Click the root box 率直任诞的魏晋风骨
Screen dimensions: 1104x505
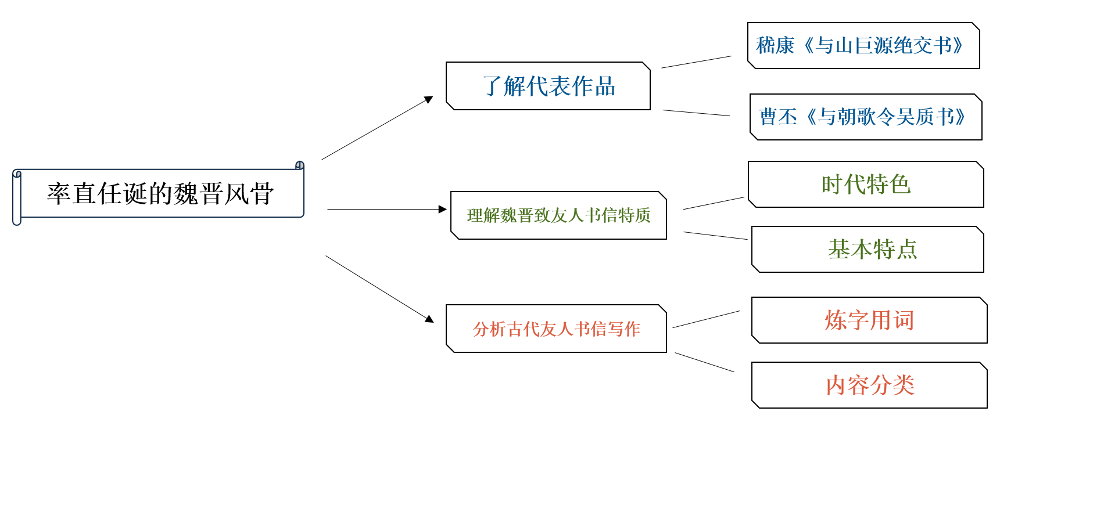pyautogui.click(x=159, y=193)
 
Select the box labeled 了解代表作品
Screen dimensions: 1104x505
pyautogui.click(x=548, y=86)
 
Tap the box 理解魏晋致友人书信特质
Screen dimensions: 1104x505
pyautogui.click(x=558, y=215)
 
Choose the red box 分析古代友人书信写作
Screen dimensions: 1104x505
pyautogui.click(x=556, y=329)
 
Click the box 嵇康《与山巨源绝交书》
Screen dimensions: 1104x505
pyautogui.click(x=863, y=45)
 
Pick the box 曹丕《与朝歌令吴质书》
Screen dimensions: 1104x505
pyautogui.click(x=866, y=117)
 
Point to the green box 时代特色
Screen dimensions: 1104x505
pyautogui.click(x=866, y=184)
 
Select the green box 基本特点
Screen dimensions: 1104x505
pyautogui.click(x=868, y=249)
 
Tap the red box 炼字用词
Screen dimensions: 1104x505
pyautogui.click(x=869, y=320)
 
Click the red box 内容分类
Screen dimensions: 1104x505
pyautogui.click(x=869, y=385)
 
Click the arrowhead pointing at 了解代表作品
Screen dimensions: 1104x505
pyautogui.click(x=429, y=99)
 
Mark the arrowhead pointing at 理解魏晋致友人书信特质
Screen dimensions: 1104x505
pyautogui.click(x=443, y=209)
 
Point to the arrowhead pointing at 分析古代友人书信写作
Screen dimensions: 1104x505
pyautogui.click(x=429, y=319)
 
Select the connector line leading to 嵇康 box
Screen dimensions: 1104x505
pyautogui.click(x=696, y=62)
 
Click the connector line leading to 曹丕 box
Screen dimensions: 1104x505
pyautogui.click(x=696, y=113)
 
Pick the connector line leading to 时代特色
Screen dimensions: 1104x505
pyautogui.click(x=714, y=203)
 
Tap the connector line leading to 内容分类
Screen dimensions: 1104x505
pyautogui.click(x=704, y=362)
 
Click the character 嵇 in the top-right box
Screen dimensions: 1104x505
pyautogui.click(x=766, y=45)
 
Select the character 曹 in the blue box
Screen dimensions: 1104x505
pyautogui.click(x=769, y=117)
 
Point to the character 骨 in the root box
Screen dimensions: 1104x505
pyautogui.click(x=262, y=193)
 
